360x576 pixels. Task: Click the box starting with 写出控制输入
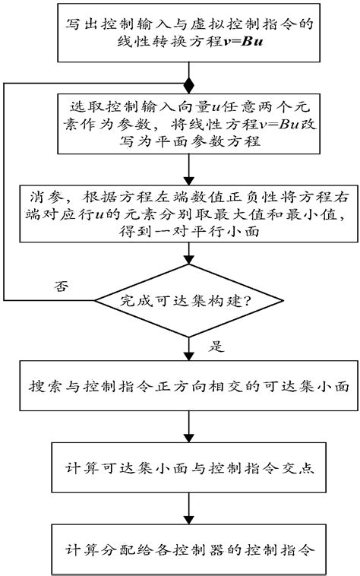[187, 33]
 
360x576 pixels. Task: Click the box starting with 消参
[187, 215]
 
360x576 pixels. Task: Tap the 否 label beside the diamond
[61, 287]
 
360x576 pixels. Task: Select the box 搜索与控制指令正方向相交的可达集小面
[187, 387]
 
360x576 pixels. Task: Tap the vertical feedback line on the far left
[6, 190]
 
